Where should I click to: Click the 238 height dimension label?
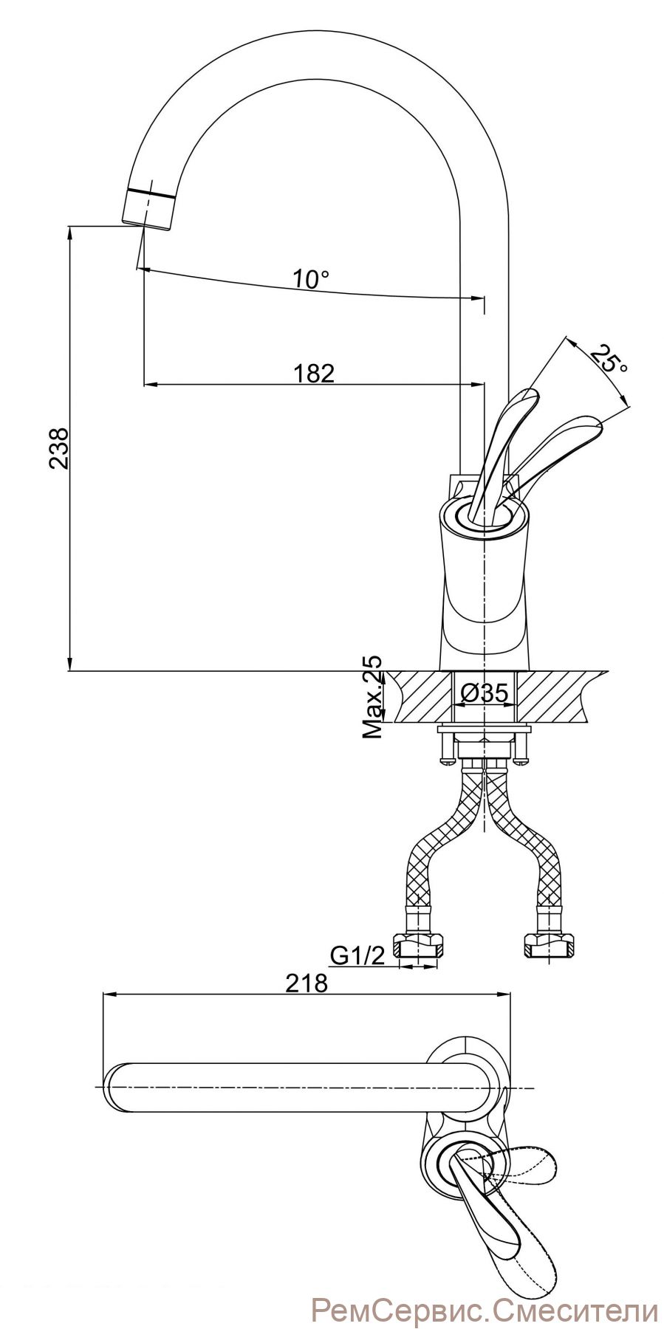point(59,448)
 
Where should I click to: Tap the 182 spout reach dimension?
point(314,373)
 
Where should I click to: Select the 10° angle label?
point(311,279)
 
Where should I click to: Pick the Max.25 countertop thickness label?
point(373,697)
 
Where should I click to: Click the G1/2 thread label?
point(357,955)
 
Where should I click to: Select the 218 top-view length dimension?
point(306,983)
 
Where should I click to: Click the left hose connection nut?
point(419,946)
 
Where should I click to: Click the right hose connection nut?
point(550,946)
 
